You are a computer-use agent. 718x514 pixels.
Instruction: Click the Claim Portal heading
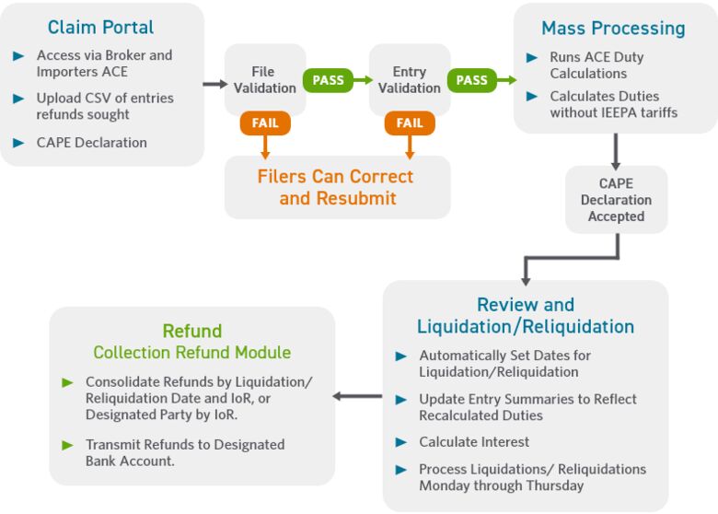coord(101,28)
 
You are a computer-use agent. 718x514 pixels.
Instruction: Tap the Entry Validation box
coord(409,80)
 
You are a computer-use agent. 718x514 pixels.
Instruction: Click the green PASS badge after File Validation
coord(328,80)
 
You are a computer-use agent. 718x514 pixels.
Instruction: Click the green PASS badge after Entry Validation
coord(471,80)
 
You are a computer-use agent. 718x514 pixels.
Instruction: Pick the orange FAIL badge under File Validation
coord(265,123)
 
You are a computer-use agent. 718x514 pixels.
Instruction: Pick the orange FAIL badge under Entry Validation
coord(410,123)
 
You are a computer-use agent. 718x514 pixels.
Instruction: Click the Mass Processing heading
coord(613,29)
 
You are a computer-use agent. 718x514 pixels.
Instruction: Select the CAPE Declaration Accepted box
coord(616,200)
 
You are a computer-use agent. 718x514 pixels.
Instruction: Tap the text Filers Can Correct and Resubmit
coord(336,187)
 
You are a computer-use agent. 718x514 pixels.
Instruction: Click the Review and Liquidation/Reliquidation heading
coord(526,316)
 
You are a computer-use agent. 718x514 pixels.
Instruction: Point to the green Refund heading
coord(191,331)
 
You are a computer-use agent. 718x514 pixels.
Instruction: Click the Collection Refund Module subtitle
coord(191,353)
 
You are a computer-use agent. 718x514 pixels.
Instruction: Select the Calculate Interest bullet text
coord(474,442)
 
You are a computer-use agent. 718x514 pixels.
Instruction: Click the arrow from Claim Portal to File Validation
coord(214,84)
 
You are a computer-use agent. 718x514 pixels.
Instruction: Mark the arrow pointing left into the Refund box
coord(357,396)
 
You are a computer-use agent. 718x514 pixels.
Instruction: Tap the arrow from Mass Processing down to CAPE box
coord(616,149)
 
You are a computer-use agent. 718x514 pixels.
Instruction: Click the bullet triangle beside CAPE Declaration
coord(18,143)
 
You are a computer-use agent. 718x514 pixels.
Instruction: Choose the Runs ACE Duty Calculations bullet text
coord(596,65)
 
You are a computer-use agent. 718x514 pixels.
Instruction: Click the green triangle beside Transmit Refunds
coord(67,445)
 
